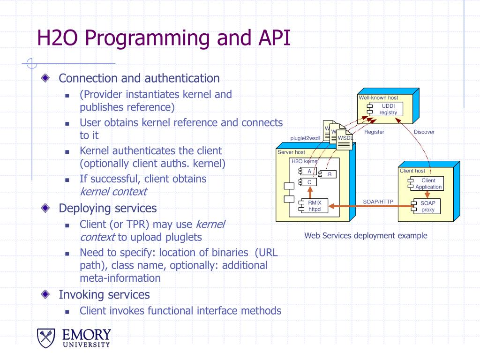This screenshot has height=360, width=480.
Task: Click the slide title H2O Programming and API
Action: [x=164, y=38]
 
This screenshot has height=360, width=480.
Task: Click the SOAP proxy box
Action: [x=427, y=206]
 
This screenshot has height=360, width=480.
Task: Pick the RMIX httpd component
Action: [x=314, y=206]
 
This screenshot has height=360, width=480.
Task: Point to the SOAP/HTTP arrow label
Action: [x=378, y=202]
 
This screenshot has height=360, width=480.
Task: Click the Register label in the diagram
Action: [x=374, y=132]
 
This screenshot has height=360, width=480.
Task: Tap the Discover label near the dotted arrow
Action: [x=424, y=132]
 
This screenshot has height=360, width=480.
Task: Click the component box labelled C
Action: [x=309, y=182]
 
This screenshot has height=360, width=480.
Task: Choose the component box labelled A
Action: [x=309, y=171]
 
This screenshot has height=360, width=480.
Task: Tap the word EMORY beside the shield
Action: [x=87, y=335]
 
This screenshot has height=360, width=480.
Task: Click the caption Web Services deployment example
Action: [x=366, y=236]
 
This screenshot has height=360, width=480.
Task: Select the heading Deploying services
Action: [x=107, y=208]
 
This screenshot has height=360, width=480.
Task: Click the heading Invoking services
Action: [x=104, y=294]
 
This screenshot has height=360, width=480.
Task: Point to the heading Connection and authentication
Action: [x=139, y=78]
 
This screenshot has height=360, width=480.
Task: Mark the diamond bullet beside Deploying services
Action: [x=45, y=208]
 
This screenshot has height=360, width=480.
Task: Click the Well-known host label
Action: [x=378, y=98]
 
